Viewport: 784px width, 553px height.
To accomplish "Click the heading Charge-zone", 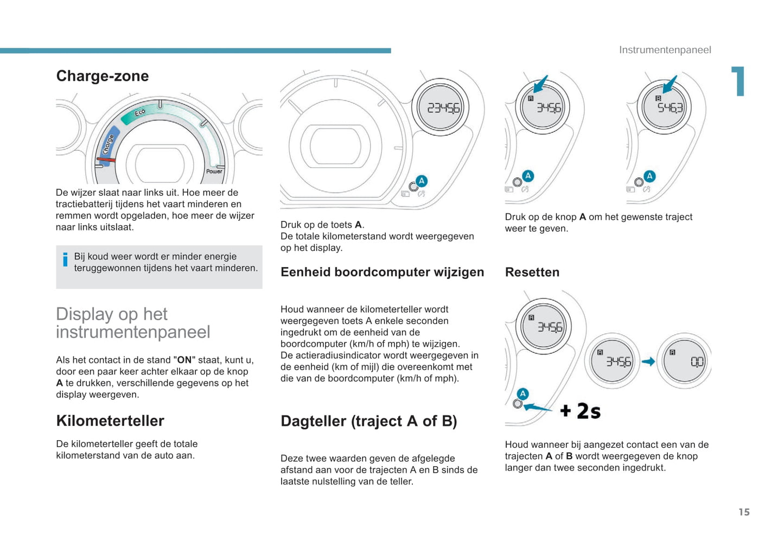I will (x=102, y=76).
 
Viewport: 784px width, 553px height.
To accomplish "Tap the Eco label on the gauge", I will (x=139, y=112).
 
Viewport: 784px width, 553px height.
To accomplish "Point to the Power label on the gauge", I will (x=214, y=171).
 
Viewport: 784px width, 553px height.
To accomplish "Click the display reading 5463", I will (x=670, y=107).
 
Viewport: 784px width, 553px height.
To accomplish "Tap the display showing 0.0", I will (x=696, y=361).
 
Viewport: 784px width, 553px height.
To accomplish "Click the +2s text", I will (x=580, y=411).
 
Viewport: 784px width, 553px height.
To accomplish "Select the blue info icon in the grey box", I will (x=65, y=260).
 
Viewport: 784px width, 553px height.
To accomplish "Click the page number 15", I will (x=744, y=512).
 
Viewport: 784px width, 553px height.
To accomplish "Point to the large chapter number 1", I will (x=738, y=81).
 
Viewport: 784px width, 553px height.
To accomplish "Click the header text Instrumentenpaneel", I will (x=665, y=50).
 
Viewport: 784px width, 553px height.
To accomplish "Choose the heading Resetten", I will (x=532, y=272).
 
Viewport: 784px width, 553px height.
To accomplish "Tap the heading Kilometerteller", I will (x=110, y=421).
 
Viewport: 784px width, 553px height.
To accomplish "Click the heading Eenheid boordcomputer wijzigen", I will (x=382, y=272).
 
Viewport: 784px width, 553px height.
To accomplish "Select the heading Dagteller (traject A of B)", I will (x=368, y=421).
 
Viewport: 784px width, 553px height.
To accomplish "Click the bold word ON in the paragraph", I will (x=184, y=360).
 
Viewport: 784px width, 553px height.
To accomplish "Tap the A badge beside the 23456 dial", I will (x=422, y=181).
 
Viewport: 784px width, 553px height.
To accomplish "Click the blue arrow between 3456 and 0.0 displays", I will (x=648, y=361).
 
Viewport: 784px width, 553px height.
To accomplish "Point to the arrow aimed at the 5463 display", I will (x=670, y=85).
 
